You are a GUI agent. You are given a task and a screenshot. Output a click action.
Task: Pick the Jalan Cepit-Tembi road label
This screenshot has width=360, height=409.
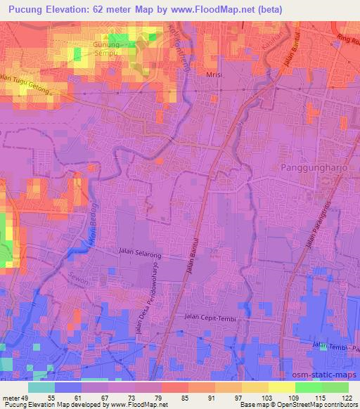[x=206, y=317]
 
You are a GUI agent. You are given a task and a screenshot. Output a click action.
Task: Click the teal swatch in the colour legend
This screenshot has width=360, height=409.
[x=41, y=387]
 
